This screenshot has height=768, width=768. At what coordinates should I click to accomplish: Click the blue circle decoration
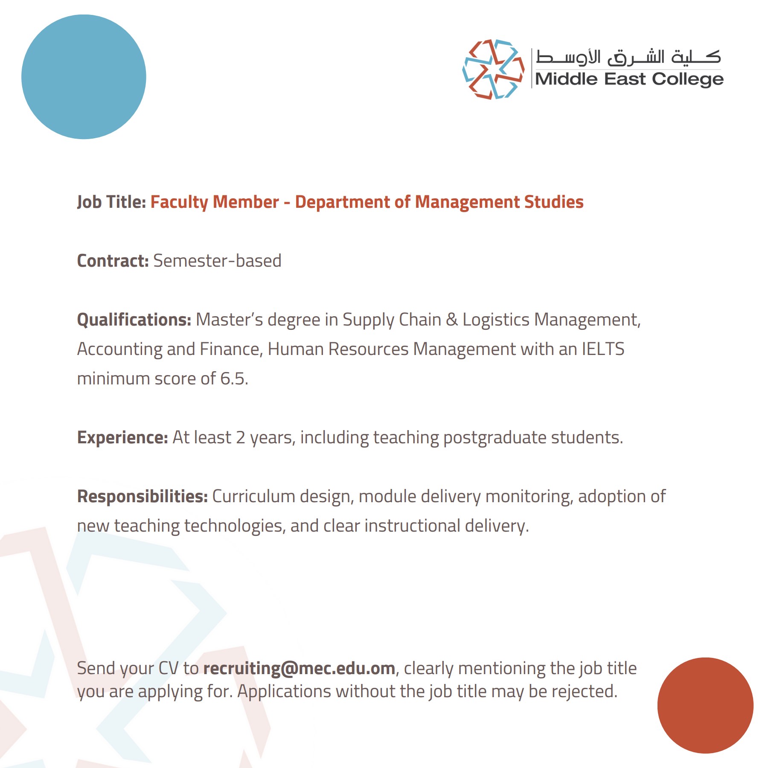pos(84,77)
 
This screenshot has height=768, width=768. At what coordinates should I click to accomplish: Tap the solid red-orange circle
pos(705,705)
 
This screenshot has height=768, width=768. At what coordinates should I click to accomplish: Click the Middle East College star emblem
pos(493,69)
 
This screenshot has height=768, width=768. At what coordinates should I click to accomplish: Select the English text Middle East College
pos(629,79)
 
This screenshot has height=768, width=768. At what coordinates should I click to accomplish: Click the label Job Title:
pos(111,202)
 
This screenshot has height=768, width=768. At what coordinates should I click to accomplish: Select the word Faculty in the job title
pos(179,202)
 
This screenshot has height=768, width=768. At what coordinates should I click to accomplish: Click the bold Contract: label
pos(113,261)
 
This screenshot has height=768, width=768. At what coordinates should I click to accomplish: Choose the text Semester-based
pos(217,261)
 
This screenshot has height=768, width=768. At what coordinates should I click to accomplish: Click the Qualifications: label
pos(134,320)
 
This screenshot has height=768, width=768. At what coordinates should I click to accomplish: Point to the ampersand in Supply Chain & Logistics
pos(451,320)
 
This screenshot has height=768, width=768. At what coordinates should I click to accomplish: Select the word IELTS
pos(603,349)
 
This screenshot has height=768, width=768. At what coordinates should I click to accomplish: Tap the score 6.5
pos(234,378)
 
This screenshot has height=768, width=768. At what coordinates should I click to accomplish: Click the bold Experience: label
pos(122,437)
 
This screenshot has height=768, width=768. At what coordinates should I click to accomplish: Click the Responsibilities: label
pos(142,496)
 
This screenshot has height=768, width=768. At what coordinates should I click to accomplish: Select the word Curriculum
pos(253,496)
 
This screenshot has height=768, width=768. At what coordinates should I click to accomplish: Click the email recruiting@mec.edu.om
pos(299,668)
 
